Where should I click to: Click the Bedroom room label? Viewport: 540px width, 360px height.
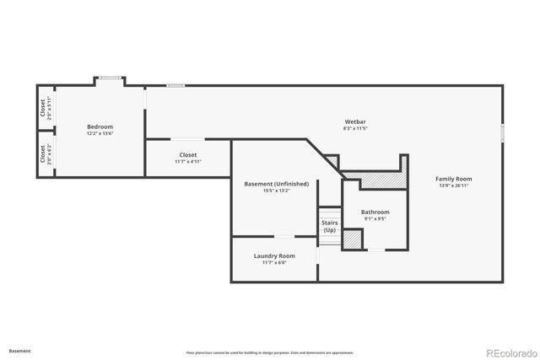click(100, 126)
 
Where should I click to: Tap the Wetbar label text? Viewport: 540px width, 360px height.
click(354, 123)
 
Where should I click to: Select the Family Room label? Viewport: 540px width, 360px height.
click(453, 179)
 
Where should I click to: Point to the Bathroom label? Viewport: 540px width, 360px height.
click(375, 212)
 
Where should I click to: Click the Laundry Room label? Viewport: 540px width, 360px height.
click(274, 255)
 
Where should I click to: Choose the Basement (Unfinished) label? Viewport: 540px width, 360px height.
click(276, 184)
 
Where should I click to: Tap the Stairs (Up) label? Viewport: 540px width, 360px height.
click(329, 227)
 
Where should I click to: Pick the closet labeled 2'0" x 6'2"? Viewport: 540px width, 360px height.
click(42, 155)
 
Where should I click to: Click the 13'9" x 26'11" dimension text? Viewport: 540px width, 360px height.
click(453, 185)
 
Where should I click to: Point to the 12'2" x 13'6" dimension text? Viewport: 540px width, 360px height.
click(100, 133)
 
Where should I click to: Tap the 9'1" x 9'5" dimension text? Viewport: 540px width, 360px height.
click(375, 218)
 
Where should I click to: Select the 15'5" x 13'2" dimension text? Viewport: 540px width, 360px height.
click(276, 191)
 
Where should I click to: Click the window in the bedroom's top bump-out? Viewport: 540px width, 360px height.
click(109, 78)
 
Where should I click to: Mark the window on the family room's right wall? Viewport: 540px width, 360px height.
click(502, 133)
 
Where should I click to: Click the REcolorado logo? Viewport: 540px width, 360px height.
click(508, 352)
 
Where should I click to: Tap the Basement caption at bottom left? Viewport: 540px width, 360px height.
click(19, 350)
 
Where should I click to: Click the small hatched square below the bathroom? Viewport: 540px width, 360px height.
click(354, 239)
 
